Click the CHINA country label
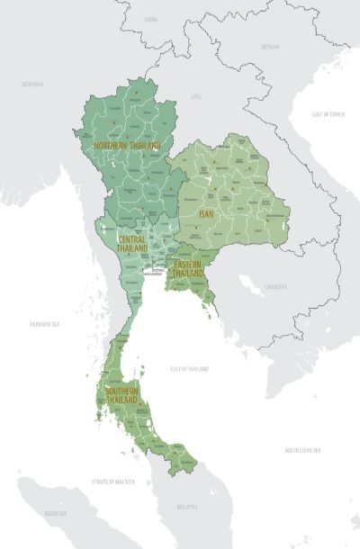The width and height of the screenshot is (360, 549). click(150, 18)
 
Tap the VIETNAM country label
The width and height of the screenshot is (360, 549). click(270, 46)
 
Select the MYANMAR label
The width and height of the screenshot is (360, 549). click(33, 83)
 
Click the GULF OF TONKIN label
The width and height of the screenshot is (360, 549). click(329, 114)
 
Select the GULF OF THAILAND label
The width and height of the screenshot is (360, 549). click(190, 369)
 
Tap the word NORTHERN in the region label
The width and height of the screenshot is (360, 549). click(112, 145)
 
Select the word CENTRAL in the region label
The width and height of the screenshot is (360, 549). click(132, 238)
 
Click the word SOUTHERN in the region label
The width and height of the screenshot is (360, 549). click(121, 392)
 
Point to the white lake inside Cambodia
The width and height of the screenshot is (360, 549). click(249, 286)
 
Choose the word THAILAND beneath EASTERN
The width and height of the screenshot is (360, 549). click(189, 274)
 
